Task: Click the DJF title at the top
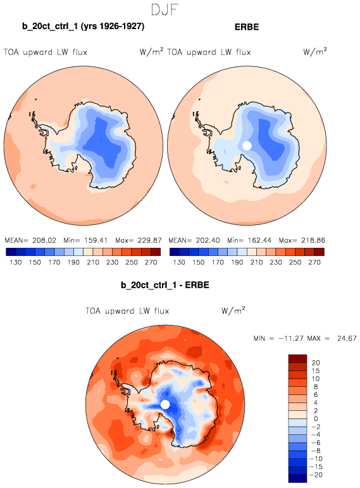point(164,9)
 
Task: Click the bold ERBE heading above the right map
point(247,27)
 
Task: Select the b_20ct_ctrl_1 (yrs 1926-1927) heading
point(83,26)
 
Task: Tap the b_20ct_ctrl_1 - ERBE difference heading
point(164,285)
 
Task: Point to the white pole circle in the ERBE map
point(247,145)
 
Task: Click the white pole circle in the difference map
point(165,405)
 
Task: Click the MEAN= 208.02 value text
point(30,240)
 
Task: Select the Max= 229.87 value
point(139,240)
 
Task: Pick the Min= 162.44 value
point(249,240)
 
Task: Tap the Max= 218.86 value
point(302,240)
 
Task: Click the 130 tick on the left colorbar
point(16,262)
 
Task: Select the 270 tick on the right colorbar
point(314,262)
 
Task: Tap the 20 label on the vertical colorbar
point(316,363)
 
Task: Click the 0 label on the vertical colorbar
point(316,418)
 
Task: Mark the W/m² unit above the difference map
point(233,310)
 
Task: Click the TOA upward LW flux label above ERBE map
point(209,52)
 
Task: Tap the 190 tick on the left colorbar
point(73,262)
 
